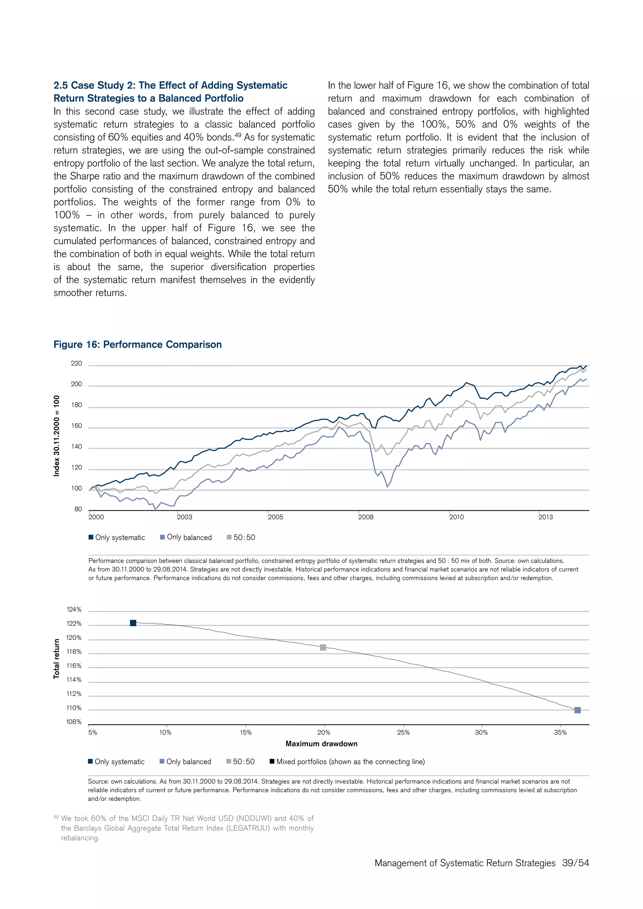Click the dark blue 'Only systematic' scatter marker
[133, 623]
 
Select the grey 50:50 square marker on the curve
[323, 647]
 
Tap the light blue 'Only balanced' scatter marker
[577, 710]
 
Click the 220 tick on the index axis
[76, 363]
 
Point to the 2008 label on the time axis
[365, 517]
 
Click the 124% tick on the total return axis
[74, 610]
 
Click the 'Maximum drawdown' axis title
[321, 744]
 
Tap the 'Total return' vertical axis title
[57, 659]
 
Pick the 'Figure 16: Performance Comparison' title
[138, 344]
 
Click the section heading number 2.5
[61, 85]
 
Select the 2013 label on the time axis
[545, 517]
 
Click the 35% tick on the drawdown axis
[560, 732]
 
